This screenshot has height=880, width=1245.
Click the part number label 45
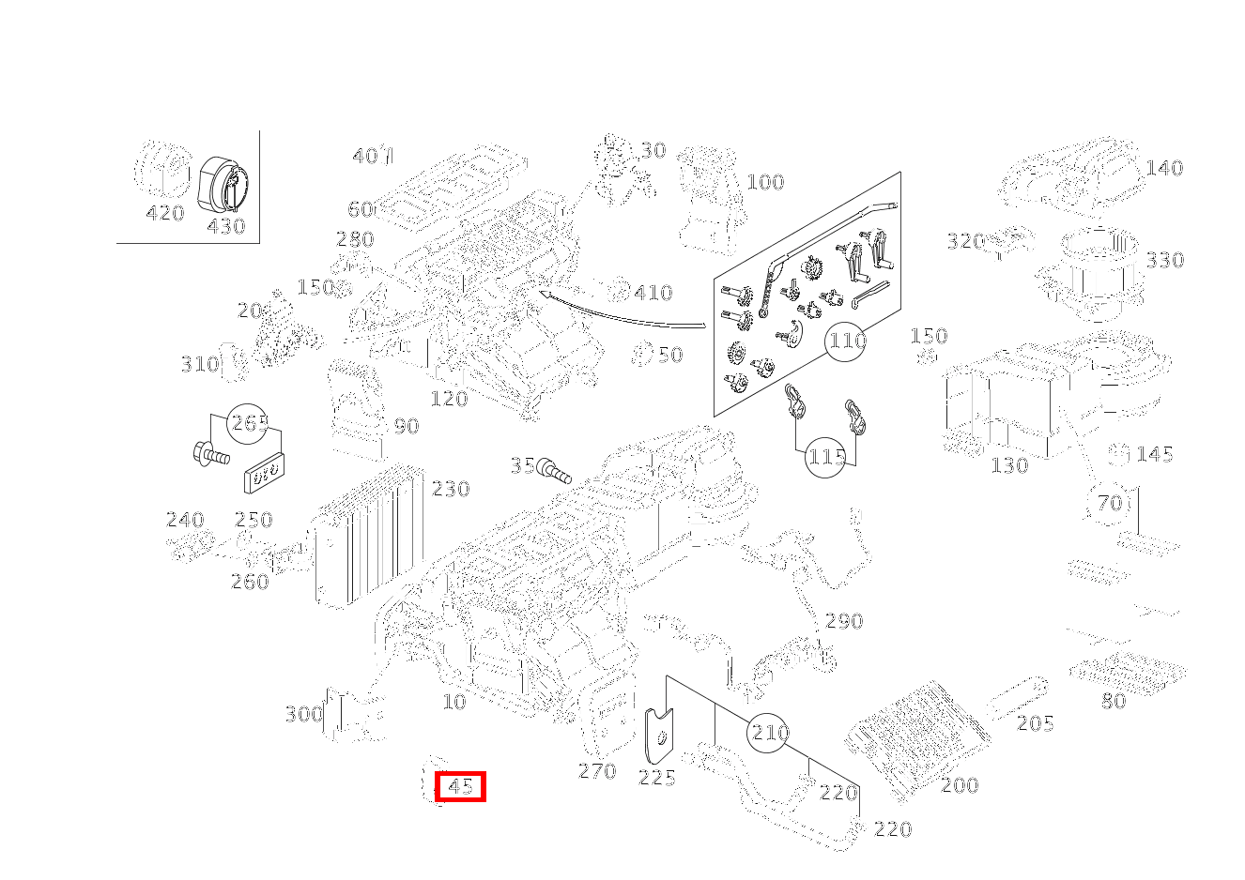click(x=460, y=786)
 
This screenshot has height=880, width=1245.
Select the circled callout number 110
click(x=847, y=341)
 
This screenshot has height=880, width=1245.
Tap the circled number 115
click(x=826, y=458)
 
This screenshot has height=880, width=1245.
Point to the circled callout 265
click(x=250, y=423)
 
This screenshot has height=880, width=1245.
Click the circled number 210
click(x=770, y=733)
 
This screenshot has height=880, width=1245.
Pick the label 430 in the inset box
click(x=225, y=226)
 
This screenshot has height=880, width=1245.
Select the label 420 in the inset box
click(x=165, y=214)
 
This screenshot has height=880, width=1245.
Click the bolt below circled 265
click(x=209, y=457)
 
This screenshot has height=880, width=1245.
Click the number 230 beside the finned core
click(x=451, y=489)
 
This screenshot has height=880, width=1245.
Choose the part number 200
click(x=960, y=785)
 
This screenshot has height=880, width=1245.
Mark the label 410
click(x=653, y=293)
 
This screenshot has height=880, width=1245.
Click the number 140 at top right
click(x=1164, y=169)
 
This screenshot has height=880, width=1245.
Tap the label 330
click(x=1165, y=260)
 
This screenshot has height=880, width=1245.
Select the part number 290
click(x=844, y=621)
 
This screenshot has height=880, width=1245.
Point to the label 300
click(x=303, y=715)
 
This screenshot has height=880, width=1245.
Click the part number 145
click(x=1155, y=454)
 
